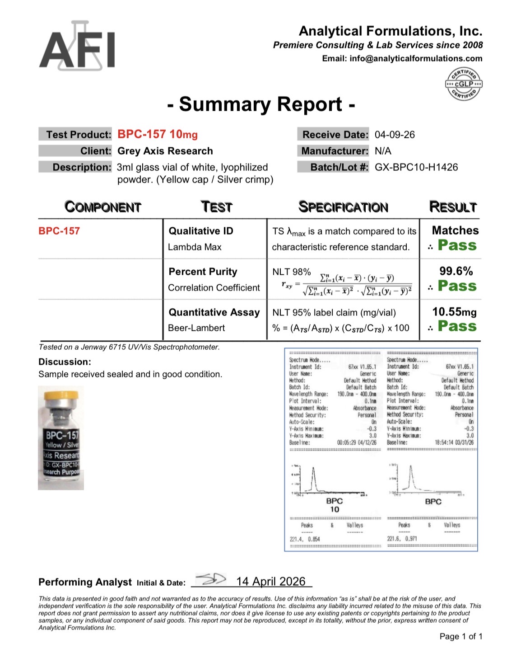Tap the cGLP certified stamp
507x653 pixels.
[463, 84]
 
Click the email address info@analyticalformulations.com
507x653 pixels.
[415, 58]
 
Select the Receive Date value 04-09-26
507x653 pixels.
[395, 135]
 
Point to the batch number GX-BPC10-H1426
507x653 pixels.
[416, 167]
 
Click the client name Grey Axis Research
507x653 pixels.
[165, 151]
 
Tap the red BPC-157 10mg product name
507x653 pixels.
[158, 134]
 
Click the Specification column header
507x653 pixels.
[343, 207]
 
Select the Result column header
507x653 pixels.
[453, 207]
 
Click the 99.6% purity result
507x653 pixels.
[456, 271]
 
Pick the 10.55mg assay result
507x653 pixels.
[454, 312]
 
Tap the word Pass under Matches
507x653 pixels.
[457, 245]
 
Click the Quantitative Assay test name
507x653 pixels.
[214, 312]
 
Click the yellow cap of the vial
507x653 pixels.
[61, 394]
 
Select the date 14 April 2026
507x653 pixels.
[271, 582]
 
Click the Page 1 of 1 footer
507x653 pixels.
[460, 636]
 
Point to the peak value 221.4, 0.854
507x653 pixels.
[305, 539]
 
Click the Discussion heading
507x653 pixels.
[65, 362]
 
